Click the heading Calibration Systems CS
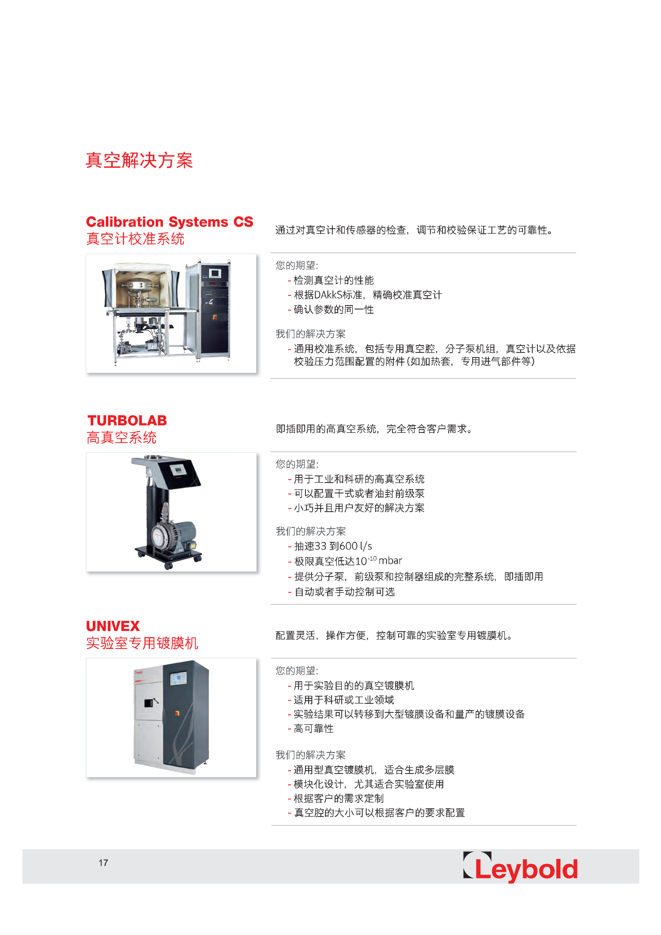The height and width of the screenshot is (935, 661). click(169, 222)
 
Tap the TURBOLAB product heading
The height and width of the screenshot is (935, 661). click(127, 420)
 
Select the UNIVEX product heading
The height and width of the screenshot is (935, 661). click(113, 626)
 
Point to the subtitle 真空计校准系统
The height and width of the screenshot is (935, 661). click(135, 239)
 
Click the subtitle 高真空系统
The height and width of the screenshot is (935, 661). click(121, 437)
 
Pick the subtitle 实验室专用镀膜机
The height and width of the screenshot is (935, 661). click(142, 643)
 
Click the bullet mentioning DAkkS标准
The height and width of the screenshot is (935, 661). click(365, 295)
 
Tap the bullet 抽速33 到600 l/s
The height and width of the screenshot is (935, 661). click(330, 546)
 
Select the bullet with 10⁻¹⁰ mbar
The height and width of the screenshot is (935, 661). click(345, 561)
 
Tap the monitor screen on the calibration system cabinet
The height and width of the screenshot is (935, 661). click(215, 273)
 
